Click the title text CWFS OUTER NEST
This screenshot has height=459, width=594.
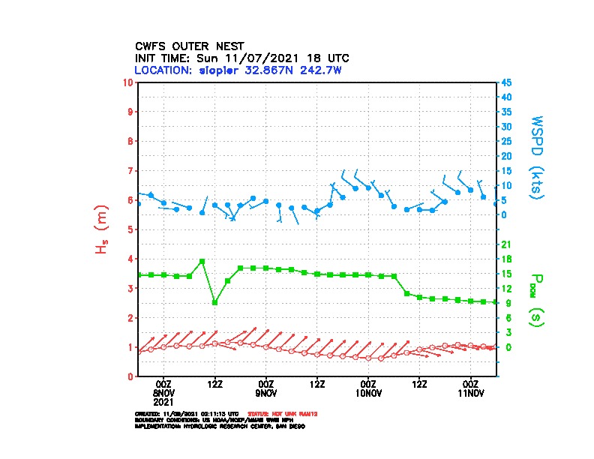coord(189,46)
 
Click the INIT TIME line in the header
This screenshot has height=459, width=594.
coord(241,58)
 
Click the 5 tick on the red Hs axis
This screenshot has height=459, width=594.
coord(130,229)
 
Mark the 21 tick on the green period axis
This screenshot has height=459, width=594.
coord(506,244)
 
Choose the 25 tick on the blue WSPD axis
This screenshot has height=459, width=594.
coord(507,141)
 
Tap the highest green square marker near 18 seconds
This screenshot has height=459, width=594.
coord(202,261)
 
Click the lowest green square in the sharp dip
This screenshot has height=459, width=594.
coord(215,302)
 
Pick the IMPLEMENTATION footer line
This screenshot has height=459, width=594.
coord(220,425)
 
